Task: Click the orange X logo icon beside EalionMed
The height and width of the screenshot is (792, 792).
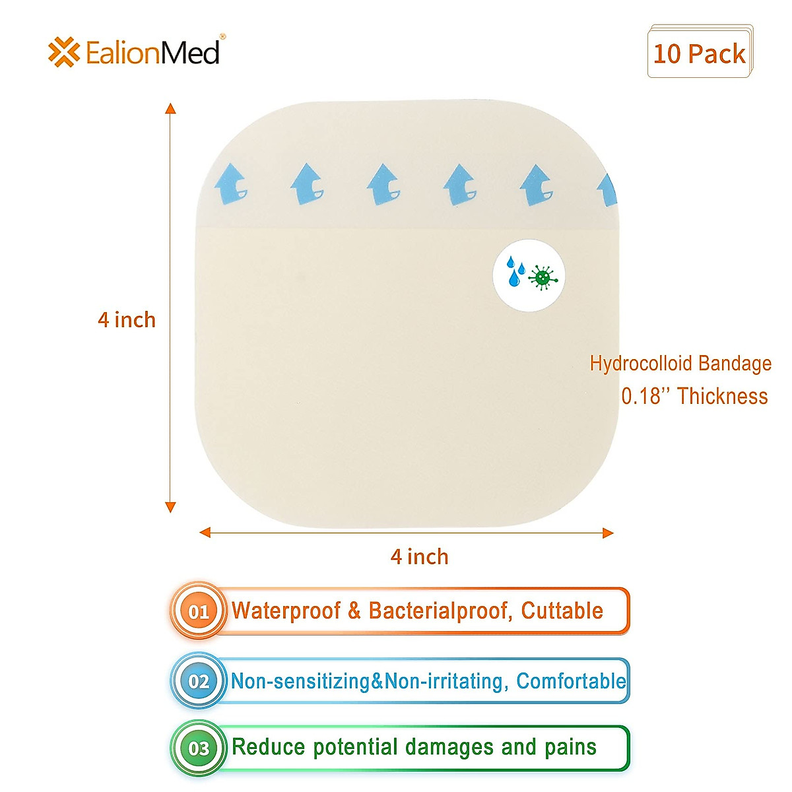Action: click(x=63, y=52)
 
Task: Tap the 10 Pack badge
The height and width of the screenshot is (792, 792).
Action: click(x=700, y=53)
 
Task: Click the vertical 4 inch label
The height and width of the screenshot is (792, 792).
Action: click(x=127, y=319)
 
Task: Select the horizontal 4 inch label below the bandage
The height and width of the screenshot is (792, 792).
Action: click(x=419, y=556)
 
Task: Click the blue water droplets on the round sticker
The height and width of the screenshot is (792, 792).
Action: click(x=515, y=272)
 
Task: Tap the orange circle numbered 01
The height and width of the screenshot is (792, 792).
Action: click(x=199, y=611)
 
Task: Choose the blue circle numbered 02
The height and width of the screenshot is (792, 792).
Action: click(x=199, y=680)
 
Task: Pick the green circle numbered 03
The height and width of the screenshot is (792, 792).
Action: click(x=199, y=748)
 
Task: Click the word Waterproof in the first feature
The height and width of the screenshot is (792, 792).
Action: click(x=286, y=610)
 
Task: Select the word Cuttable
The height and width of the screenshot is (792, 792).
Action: click(x=562, y=610)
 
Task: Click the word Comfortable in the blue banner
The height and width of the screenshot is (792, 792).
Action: click(x=571, y=680)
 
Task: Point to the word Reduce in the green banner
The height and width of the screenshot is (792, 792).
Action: click(x=269, y=747)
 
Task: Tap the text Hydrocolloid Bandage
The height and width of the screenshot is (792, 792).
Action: click(x=680, y=363)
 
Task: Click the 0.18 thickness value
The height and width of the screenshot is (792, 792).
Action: click(x=641, y=396)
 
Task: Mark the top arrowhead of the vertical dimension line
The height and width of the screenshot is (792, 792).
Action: click(x=170, y=108)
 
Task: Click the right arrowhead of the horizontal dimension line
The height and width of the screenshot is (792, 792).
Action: click(x=608, y=533)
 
